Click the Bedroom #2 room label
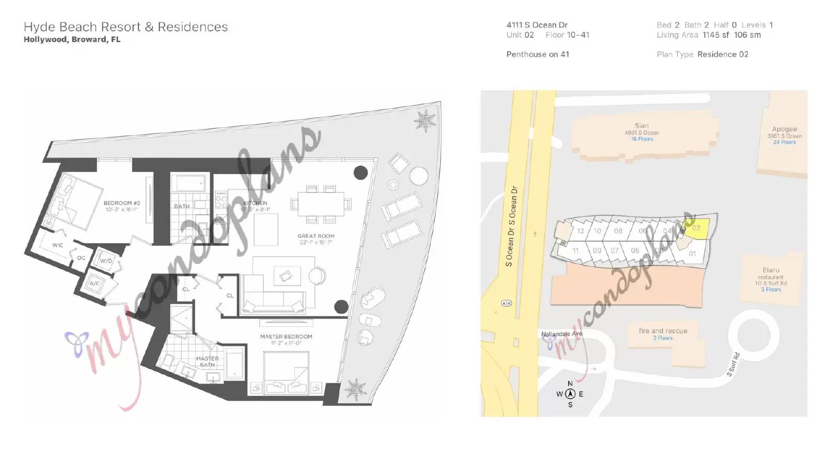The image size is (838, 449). pos(122,203)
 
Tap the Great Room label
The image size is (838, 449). pos(316,236)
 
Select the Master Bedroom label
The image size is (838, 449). pos(286,337)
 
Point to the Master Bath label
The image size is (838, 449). pos(207,362)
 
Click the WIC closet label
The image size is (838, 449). pos(58,245)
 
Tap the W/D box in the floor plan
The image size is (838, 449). pos(106,260)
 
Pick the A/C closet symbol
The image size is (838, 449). pos(95,283)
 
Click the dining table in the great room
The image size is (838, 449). pos(321,203)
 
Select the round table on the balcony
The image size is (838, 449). pos(418,176)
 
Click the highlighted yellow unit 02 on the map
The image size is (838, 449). pos(697,228)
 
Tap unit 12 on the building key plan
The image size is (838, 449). pos(580,231)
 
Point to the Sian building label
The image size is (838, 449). pos(642,126)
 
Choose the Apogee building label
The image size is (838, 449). pos(784,129)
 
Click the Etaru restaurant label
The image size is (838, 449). pos(771,270)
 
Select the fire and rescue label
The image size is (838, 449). pos(663,331)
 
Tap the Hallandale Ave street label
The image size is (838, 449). pos(561,334)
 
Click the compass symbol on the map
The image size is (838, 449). pos(570,394)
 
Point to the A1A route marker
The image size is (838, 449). pos(506,303)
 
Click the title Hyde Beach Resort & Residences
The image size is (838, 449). pos(126,27)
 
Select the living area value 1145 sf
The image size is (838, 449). pos(716,35)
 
